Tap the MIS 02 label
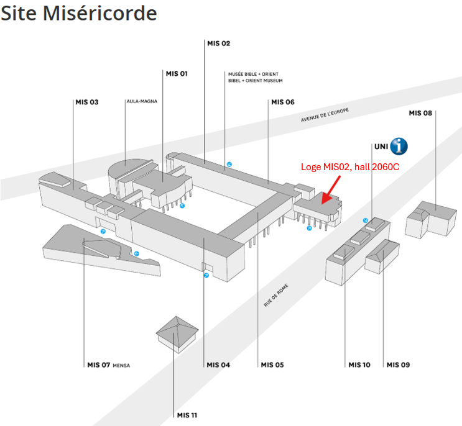point(218,43)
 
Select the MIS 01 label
point(177,74)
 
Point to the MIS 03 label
point(87,102)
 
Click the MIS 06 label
point(282,102)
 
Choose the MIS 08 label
point(420,113)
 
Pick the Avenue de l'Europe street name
point(325,115)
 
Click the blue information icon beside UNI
point(399,147)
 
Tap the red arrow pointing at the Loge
point(330,189)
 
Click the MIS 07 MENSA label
point(108,365)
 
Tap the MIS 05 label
point(272,365)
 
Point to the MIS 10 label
point(359,365)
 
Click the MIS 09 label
point(398,365)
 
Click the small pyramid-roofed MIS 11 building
point(177,334)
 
